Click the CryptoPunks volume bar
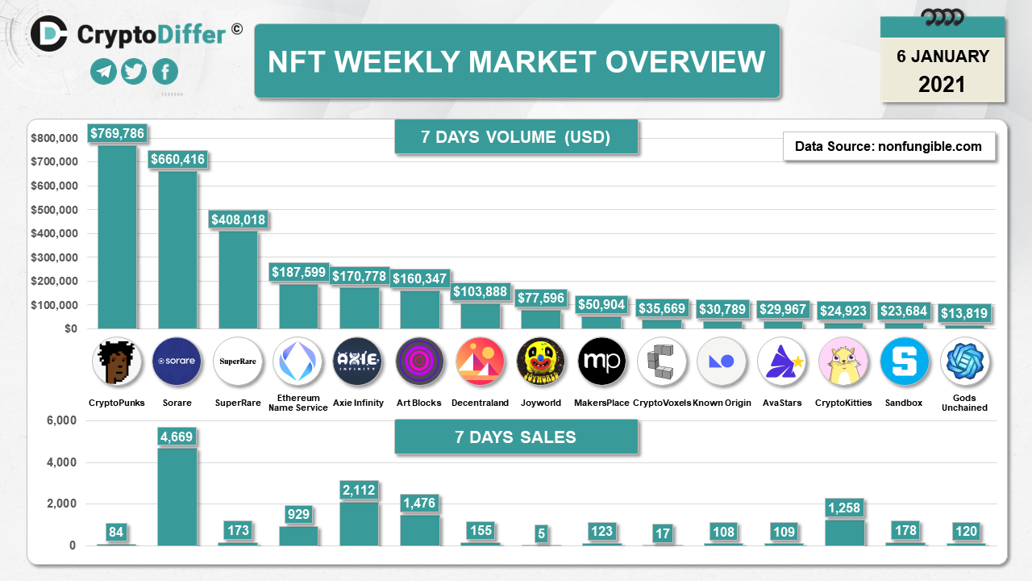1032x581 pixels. pyautogui.click(x=118, y=238)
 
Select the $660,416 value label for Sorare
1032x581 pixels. pyautogui.click(x=178, y=160)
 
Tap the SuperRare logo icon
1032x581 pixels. pyautogui.click(x=238, y=362)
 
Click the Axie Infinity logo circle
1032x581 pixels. pyautogui.click(x=358, y=362)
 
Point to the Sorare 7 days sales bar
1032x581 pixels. pyautogui.click(x=177, y=496)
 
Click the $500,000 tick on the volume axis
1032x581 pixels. pyautogui.click(x=54, y=210)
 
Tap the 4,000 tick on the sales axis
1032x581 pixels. pyautogui.click(x=62, y=462)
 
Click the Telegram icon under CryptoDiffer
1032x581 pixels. pyautogui.click(x=103, y=72)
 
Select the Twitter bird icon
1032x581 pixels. pyautogui.click(x=134, y=72)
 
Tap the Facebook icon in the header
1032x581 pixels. pyautogui.click(x=164, y=72)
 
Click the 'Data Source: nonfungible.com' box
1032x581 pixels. pyautogui.click(x=888, y=146)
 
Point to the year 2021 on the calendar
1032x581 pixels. pyautogui.click(x=942, y=84)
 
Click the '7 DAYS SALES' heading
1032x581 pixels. pyautogui.click(x=516, y=437)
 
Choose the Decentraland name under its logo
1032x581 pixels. pyautogui.click(x=481, y=403)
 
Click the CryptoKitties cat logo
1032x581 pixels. pyautogui.click(x=844, y=362)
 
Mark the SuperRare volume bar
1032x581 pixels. pyautogui.click(x=238, y=279)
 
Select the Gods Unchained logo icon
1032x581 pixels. pyautogui.click(x=965, y=362)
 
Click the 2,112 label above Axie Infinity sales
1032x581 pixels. pyautogui.click(x=358, y=490)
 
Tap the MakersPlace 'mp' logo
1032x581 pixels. pyautogui.click(x=601, y=362)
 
